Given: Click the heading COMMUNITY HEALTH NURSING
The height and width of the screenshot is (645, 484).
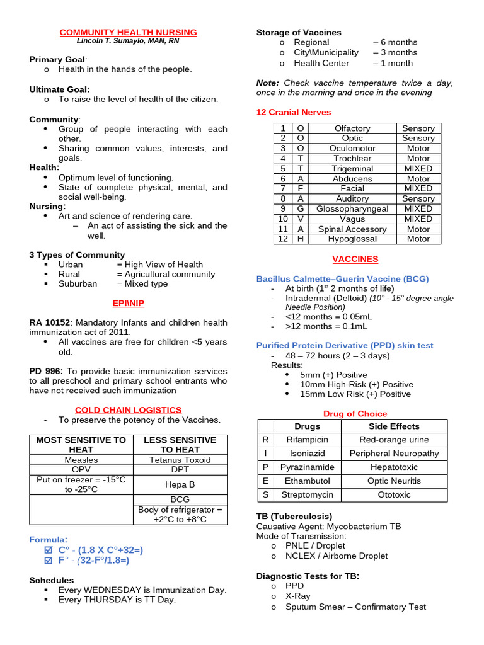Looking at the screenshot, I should coord(128,32).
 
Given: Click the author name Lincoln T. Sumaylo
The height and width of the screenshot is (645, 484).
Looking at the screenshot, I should coord(128,41).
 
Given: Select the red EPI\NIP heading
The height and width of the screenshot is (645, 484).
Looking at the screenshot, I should coord(128,303).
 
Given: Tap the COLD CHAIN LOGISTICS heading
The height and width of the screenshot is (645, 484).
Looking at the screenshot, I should coord(128,409).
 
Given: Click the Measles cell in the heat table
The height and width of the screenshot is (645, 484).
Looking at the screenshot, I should coord(81,460).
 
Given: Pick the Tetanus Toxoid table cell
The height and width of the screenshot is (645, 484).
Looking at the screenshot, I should coord(180,460).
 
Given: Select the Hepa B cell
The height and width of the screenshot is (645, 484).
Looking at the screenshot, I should coord(180,484).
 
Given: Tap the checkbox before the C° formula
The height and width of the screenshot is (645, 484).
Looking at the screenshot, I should coord(50,550).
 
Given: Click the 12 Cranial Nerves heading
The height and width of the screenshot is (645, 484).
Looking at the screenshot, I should coord(293,112).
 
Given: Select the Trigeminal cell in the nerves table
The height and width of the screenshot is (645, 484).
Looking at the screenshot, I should coord(352,169).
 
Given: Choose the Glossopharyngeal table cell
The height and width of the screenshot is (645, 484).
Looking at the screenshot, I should coord(352,208).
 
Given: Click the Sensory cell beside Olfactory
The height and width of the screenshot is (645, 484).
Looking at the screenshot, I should coord(418,128).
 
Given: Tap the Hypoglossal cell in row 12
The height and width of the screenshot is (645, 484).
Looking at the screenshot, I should coord(352,239).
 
